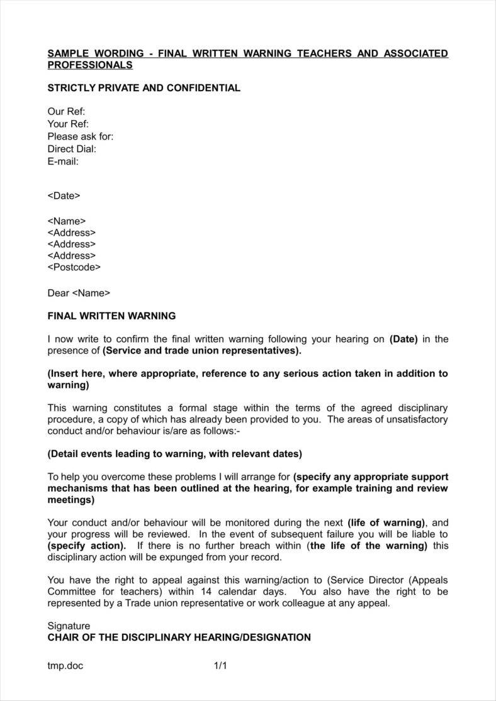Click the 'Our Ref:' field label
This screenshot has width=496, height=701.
[x=66, y=111]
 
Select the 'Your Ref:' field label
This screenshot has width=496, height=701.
[x=68, y=124]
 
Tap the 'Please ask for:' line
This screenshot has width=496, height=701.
[x=81, y=136]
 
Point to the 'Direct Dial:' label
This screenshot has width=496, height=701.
[x=72, y=149]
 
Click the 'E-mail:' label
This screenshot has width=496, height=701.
[x=63, y=162]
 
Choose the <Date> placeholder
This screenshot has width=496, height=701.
[x=64, y=196]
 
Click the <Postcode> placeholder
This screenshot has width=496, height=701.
[x=74, y=267]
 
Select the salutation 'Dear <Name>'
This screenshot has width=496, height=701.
[x=79, y=292]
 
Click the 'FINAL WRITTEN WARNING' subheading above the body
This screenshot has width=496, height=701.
[x=111, y=316]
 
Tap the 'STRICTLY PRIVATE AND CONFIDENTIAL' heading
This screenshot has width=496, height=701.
[x=144, y=88]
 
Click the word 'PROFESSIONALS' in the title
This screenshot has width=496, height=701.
[x=90, y=65]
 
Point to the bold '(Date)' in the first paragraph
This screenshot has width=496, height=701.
[x=403, y=339]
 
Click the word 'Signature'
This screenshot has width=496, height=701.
[x=69, y=626]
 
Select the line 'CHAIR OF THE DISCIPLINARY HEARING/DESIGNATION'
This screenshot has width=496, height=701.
[x=179, y=637]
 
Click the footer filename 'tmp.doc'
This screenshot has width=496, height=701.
[x=65, y=666]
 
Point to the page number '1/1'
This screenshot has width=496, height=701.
[x=220, y=666]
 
